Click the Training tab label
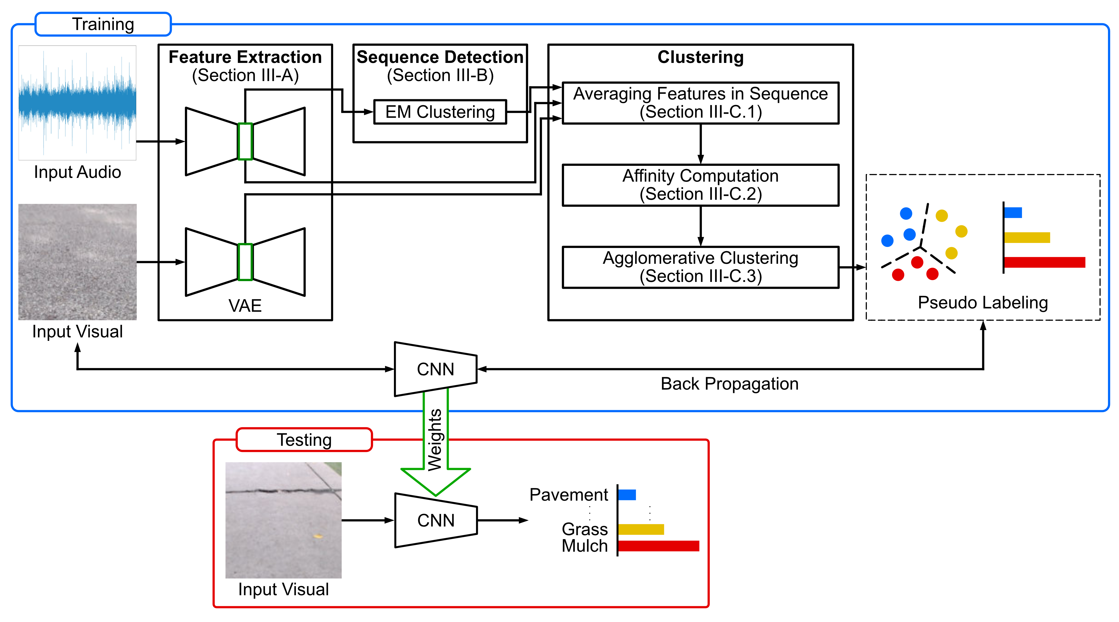(x=103, y=24)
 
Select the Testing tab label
(x=304, y=440)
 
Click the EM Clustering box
(x=440, y=112)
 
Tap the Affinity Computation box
(x=700, y=185)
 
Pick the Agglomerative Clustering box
(x=700, y=267)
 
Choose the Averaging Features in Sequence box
(x=700, y=103)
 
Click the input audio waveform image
(x=77, y=103)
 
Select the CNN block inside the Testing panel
(x=436, y=520)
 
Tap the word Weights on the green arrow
(x=435, y=440)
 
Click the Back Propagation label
(x=729, y=384)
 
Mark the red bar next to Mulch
(x=658, y=546)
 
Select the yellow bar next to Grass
(x=641, y=529)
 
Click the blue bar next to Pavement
(x=627, y=495)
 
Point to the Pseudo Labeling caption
(x=983, y=302)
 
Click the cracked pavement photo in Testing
(x=283, y=520)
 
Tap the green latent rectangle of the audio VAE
(x=245, y=142)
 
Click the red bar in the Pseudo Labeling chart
(x=1044, y=262)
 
